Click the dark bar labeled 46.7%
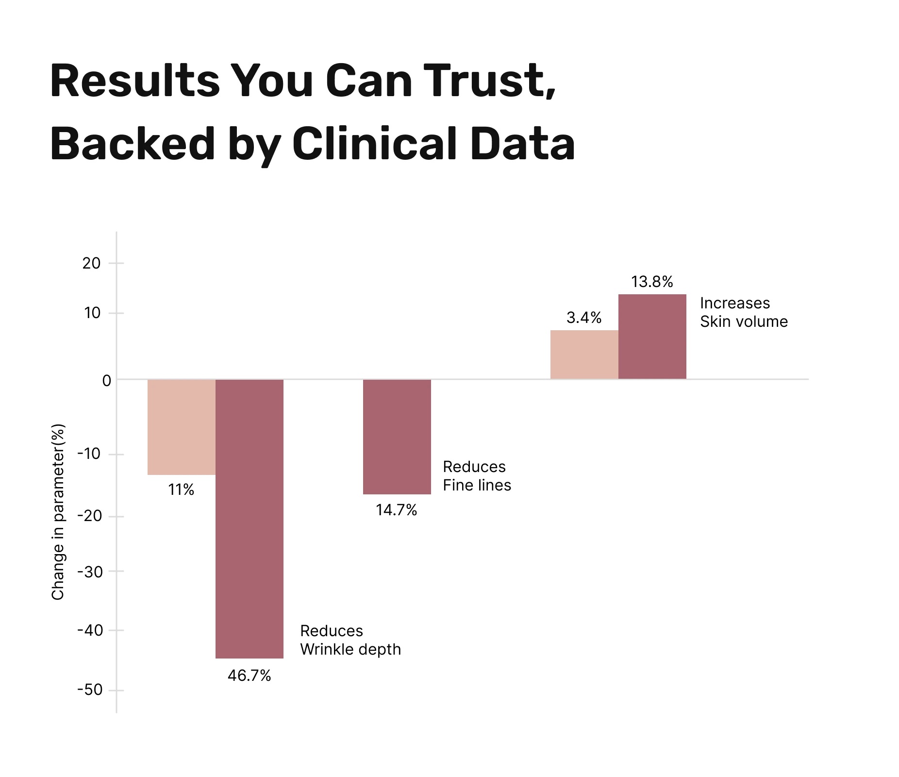click(x=249, y=519)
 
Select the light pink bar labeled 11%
click(x=181, y=427)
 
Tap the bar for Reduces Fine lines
click(x=397, y=437)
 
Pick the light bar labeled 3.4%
click(x=584, y=355)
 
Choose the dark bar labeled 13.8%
click(x=652, y=337)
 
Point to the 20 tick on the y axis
click(x=92, y=263)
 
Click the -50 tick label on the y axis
click(x=90, y=690)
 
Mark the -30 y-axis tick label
click(x=90, y=572)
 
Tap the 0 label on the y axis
click(x=107, y=381)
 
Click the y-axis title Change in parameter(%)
click(x=58, y=512)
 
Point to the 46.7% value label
click(x=249, y=676)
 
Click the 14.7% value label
click(x=396, y=510)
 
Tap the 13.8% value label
click(x=652, y=282)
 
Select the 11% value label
click(x=181, y=490)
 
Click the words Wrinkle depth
click(x=350, y=649)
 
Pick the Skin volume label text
click(x=744, y=321)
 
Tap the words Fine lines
click(x=477, y=485)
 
